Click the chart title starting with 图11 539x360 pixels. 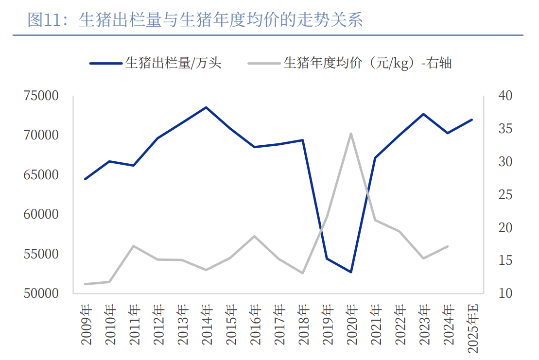click(x=195, y=20)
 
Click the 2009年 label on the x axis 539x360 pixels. click(x=86, y=325)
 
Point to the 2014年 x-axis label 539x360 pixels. click(x=207, y=325)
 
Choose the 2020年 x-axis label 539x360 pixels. click(x=352, y=325)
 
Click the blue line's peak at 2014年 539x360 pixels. click(x=206, y=107)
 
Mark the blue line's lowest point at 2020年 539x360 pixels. click(x=351, y=272)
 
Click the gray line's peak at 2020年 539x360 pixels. click(x=351, y=133)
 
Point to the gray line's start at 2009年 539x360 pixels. click(x=85, y=284)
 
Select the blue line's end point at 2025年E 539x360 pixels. click(x=471, y=120)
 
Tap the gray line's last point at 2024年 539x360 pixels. click(x=447, y=246)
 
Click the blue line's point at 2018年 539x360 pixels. click(x=303, y=140)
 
